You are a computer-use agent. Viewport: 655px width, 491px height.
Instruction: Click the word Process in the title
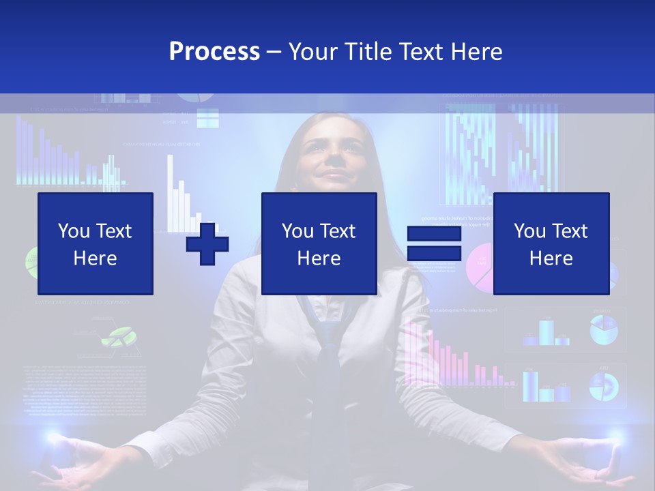point(214,52)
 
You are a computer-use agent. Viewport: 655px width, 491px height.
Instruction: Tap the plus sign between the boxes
point(207,243)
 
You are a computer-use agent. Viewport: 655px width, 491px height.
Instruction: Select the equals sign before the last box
point(435,243)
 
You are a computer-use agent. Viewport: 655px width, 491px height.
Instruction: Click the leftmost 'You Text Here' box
point(96,243)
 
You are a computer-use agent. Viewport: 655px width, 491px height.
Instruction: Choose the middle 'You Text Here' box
point(319,243)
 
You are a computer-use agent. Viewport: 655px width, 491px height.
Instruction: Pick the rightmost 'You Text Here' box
point(551,243)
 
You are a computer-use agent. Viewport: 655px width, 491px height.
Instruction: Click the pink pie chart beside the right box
point(480,267)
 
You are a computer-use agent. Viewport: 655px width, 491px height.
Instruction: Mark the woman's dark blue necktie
point(328,341)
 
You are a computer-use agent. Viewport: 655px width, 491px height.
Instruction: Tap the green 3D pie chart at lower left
point(119,336)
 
